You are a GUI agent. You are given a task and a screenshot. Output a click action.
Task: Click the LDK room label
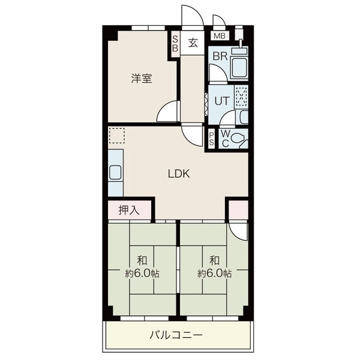coord(179,174)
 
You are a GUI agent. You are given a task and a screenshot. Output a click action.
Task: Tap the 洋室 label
coord(142,78)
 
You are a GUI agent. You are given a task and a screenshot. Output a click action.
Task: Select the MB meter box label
coord(220,36)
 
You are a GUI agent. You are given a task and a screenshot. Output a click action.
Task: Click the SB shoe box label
coord(175,44)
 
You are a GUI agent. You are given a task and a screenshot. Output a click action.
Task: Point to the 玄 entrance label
coord(193,43)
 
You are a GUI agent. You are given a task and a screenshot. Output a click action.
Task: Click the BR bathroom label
coord(220,56)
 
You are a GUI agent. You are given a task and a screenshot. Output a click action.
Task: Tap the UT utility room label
coord(222,101)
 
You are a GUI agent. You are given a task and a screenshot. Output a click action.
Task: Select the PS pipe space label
coord(211,139)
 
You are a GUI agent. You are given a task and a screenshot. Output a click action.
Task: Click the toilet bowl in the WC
coord(238,139)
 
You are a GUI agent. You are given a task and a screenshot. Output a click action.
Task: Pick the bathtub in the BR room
coord(239,68)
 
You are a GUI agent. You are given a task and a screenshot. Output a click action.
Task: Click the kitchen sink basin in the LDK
coord(115,172)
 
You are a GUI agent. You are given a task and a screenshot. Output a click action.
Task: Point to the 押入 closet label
coord(129,210)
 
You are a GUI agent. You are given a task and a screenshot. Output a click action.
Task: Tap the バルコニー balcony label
coord(176,335)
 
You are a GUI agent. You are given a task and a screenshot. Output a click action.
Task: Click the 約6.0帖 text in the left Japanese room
coord(142,274)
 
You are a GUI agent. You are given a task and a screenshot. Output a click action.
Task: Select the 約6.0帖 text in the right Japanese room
coord(215,274)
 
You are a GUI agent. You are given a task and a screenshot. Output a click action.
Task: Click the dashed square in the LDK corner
coord(116,136)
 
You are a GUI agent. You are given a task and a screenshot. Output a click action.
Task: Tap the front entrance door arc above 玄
coord(193,15)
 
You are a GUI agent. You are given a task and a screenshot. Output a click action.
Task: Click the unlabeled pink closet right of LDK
coord(239,210)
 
